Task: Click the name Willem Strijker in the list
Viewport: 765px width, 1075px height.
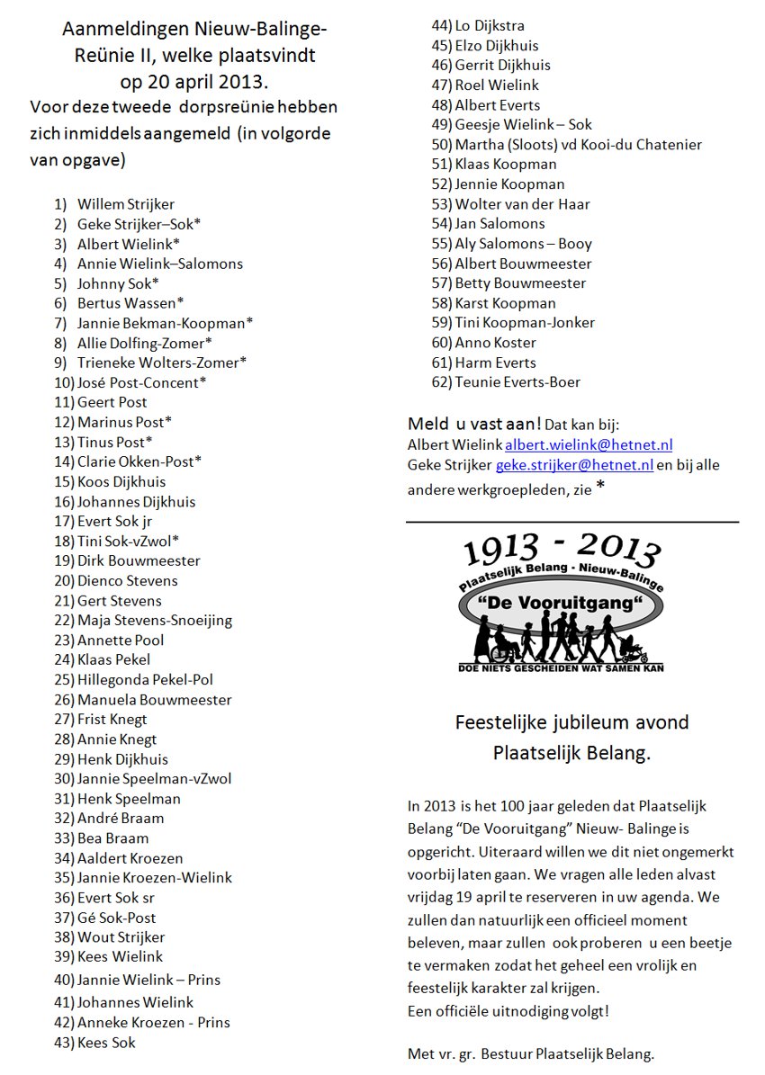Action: coord(126,204)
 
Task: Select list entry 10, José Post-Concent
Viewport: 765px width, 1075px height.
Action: coord(141,382)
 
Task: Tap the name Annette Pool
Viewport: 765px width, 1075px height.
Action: coord(121,641)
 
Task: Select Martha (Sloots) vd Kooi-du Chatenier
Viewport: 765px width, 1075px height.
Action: coord(578,144)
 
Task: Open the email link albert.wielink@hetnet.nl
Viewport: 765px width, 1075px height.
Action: coord(589,445)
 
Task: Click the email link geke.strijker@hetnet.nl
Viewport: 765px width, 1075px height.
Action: coord(574,465)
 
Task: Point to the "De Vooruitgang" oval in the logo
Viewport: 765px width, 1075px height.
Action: coord(562,600)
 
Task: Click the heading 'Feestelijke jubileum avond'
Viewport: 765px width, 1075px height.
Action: coord(571,722)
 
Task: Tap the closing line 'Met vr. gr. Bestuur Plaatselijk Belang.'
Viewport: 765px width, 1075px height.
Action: coord(531,1053)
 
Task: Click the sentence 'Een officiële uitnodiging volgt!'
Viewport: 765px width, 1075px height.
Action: coord(508,1010)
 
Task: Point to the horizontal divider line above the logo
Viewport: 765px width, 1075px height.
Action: coord(572,522)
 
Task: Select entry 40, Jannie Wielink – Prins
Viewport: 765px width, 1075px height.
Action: coord(148,980)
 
